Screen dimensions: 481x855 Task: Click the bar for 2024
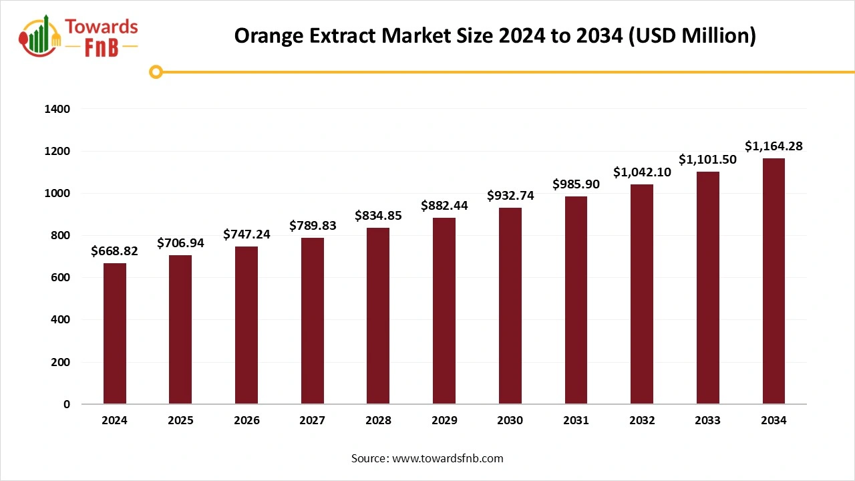point(114,333)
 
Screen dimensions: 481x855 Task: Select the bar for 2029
point(444,311)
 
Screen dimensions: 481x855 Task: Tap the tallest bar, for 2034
point(774,281)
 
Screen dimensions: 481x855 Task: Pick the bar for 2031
point(576,300)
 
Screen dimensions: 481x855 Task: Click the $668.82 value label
point(114,251)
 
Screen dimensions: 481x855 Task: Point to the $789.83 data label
point(313,226)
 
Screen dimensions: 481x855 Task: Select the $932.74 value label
point(510,195)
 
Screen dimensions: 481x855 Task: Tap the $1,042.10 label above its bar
point(642,172)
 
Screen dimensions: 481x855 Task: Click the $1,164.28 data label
point(774,146)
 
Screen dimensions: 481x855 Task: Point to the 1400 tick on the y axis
point(57,109)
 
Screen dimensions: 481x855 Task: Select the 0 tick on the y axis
point(66,404)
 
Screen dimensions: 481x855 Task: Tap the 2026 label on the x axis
point(246,421)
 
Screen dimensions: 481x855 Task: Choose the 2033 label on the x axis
point(708,421)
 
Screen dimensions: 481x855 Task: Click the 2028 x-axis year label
point(378,421)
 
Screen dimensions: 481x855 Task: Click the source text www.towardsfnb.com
point(447,458)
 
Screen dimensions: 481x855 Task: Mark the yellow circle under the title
point(156,71)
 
